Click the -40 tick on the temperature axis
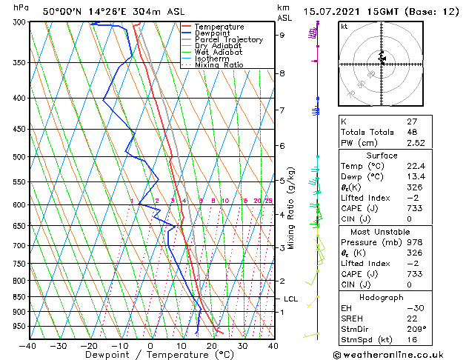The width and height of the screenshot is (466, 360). coord(27,345)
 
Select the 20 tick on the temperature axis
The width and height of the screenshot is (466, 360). coord(211,345)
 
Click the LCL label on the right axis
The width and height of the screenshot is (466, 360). coord(291,299)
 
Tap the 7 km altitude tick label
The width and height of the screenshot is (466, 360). coord(282,110)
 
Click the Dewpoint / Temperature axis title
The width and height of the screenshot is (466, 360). coord(150,356)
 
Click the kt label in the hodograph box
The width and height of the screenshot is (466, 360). coord(344,27)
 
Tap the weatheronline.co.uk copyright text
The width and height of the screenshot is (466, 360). coord(399,353)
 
